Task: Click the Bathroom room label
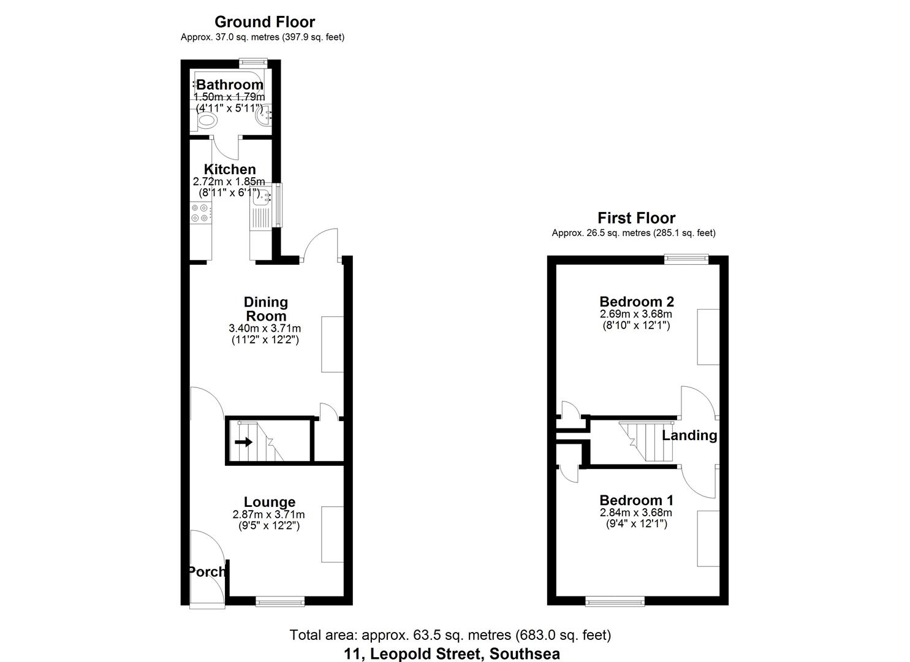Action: click(230, 85)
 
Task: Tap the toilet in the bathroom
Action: click(207, 120)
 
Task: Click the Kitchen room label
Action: click(230, 169)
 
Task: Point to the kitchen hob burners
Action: click(200, 213)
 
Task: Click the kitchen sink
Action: click(260, 198)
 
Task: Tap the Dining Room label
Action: click(265, 309)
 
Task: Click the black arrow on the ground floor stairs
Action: click(243, 442)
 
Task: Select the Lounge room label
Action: click(270, 503)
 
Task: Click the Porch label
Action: click(207, 571)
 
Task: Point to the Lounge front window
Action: click(280, 602)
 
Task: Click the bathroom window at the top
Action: click(253, 61)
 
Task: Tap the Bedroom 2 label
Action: click(637, 302)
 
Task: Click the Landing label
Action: click(689, 435)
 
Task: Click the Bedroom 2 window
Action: click(687, 259)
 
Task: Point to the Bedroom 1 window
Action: click(615, 602)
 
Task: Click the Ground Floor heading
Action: click(265, 22)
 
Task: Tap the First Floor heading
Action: click(637, 218)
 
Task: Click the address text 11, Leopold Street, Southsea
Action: click(452, 653)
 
